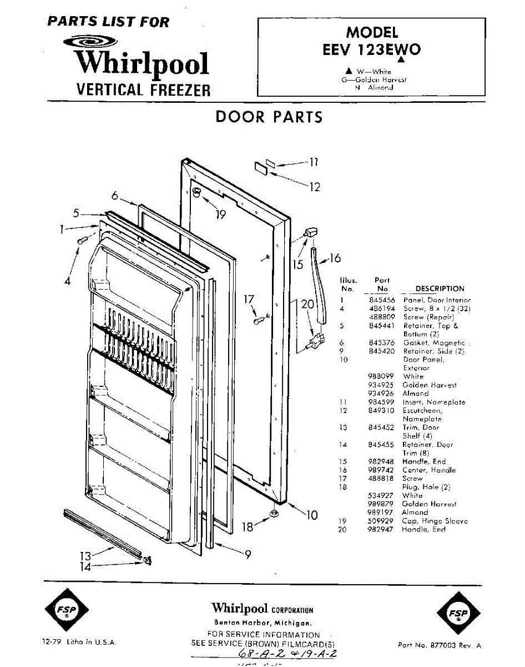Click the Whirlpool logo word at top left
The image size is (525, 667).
(x=142, y=63)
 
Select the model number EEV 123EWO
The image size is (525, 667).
(x=371, y=49)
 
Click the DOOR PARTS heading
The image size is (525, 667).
(x=269, y=117)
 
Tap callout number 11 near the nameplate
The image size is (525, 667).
(x=314, y=162)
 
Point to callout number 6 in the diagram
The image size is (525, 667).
(x=115, y=196)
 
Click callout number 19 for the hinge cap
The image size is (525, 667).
(x=221, y=214)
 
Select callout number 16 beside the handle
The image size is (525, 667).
(x=335, y=258)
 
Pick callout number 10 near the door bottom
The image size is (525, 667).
(x=312, y=515)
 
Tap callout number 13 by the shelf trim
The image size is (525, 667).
(x=84, y=555)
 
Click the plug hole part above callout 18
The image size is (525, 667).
(x=274, y=511)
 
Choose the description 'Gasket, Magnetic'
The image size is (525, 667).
(x=434, y=343)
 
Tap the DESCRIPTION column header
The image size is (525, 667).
(x=440, y=288)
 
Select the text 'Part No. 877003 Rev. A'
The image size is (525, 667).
(x=440, y=645)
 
